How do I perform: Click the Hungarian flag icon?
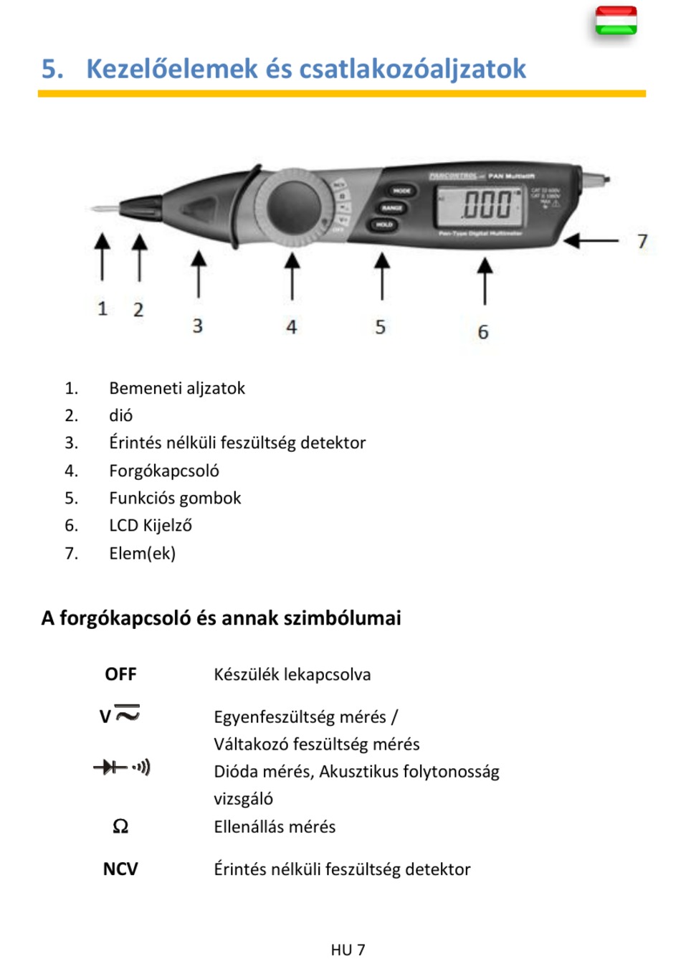(616, 21)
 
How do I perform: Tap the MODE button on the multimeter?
(401, 191)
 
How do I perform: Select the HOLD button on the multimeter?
(384, 225)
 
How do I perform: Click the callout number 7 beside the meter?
(642, 242)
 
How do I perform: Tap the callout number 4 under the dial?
(291, 327)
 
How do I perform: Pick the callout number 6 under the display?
(483, 332)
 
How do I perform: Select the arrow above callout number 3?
(199, 273)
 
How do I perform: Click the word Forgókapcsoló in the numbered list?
(164, 471)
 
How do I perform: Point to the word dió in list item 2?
(120, 415)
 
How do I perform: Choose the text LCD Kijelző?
(151, 526)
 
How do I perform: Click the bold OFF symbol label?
(120, 674)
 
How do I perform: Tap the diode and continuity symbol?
(122, 767)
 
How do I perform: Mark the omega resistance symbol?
(120, 827)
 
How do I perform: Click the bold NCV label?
(120, 869)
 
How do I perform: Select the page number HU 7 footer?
(348, 950)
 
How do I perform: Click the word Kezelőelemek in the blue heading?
(172, 69)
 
